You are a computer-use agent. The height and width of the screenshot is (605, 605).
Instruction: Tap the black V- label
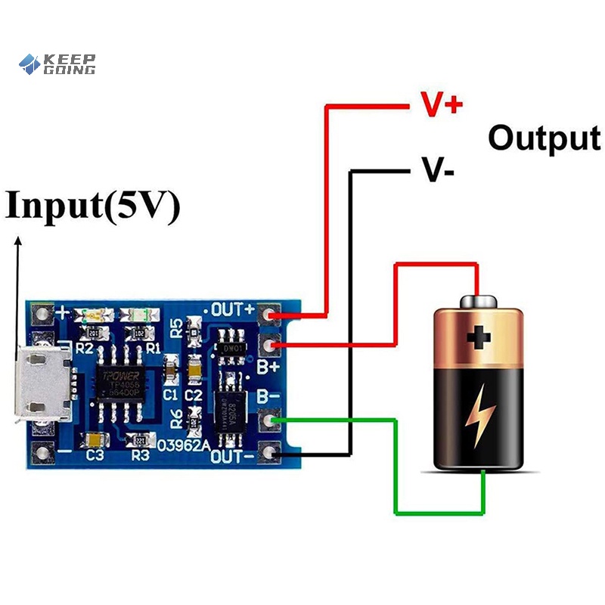click(x=438, y=172)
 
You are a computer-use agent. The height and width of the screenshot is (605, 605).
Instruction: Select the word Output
click(x=544, y=138)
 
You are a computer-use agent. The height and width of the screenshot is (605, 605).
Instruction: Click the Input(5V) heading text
click(x=92, y=206)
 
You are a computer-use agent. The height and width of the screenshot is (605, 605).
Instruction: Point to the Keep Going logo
click(x=57, y=64)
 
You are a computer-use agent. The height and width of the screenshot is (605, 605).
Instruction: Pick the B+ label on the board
click(x=269, y=366)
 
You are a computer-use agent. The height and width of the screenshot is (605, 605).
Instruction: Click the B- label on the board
click(x=269, y=395)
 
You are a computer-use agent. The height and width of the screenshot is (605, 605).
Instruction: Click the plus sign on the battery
click(x=478, y=337)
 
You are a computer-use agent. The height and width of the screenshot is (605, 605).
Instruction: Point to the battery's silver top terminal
click(x=478, y=301)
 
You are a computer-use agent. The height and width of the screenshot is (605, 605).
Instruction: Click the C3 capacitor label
click(x=95, y=455)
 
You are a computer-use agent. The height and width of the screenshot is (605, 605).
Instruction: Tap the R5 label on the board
click(x=175, y=328)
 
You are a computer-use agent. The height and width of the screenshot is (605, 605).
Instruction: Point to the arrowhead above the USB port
click(x=18, y=241)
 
